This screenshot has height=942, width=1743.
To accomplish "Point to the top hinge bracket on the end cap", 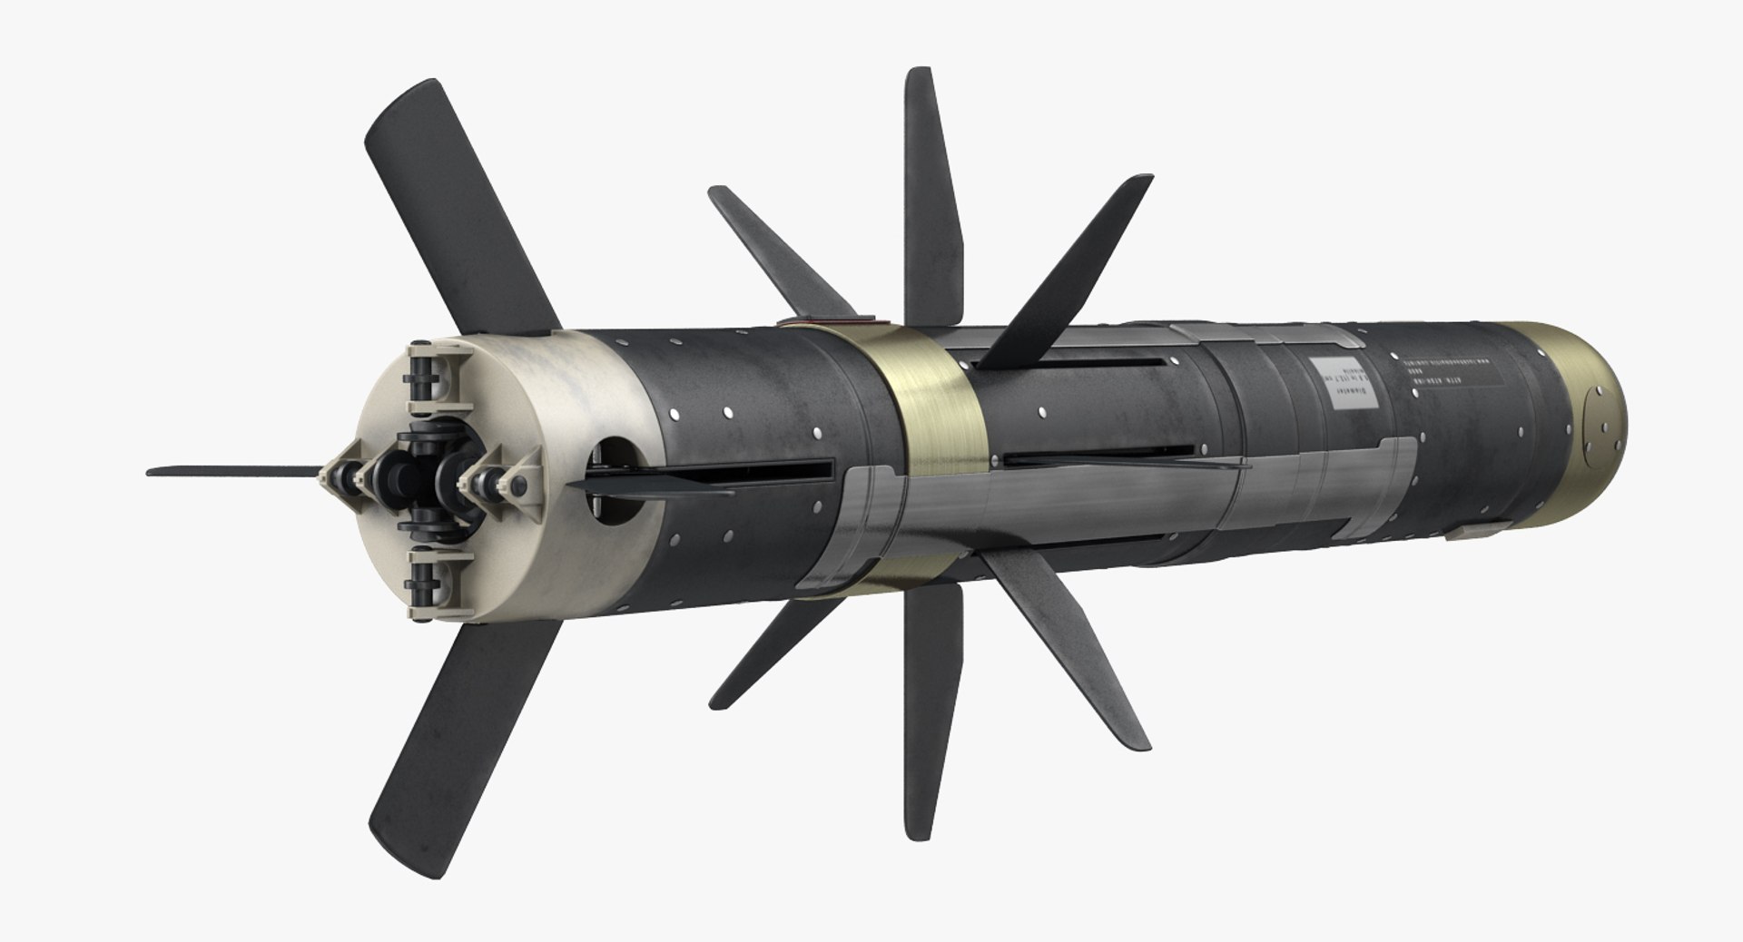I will click(429, 373).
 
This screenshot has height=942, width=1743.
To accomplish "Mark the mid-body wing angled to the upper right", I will click(1071, 272).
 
